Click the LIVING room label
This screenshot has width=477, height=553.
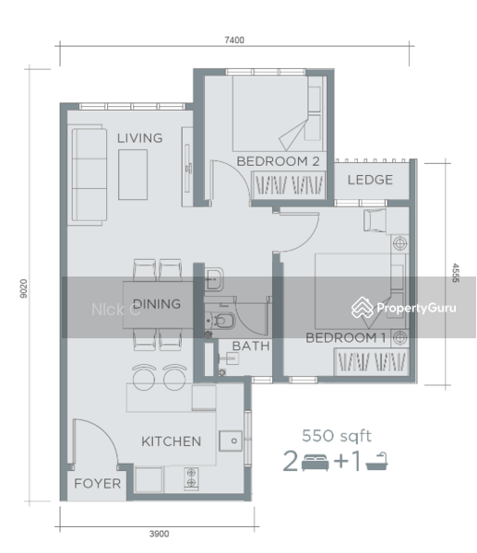click(x=139, y=138)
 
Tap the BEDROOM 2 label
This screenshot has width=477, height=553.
click(x=278, y=161)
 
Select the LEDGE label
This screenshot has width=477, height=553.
click(x=370, y=180)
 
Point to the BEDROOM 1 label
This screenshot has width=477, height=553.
click(x=346, y=338)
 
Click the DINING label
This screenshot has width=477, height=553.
click(x=157, y=304)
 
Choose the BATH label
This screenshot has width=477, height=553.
click(x=250, y=347)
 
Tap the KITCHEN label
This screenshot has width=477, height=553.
click(x=171, y=441)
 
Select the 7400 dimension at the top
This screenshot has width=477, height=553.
click(x=234, y=39)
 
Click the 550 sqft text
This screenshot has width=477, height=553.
click(x=337, y=436)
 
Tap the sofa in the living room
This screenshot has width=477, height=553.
click(x=89, y=173)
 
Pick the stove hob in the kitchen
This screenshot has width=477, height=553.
click(x=193, y=477)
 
